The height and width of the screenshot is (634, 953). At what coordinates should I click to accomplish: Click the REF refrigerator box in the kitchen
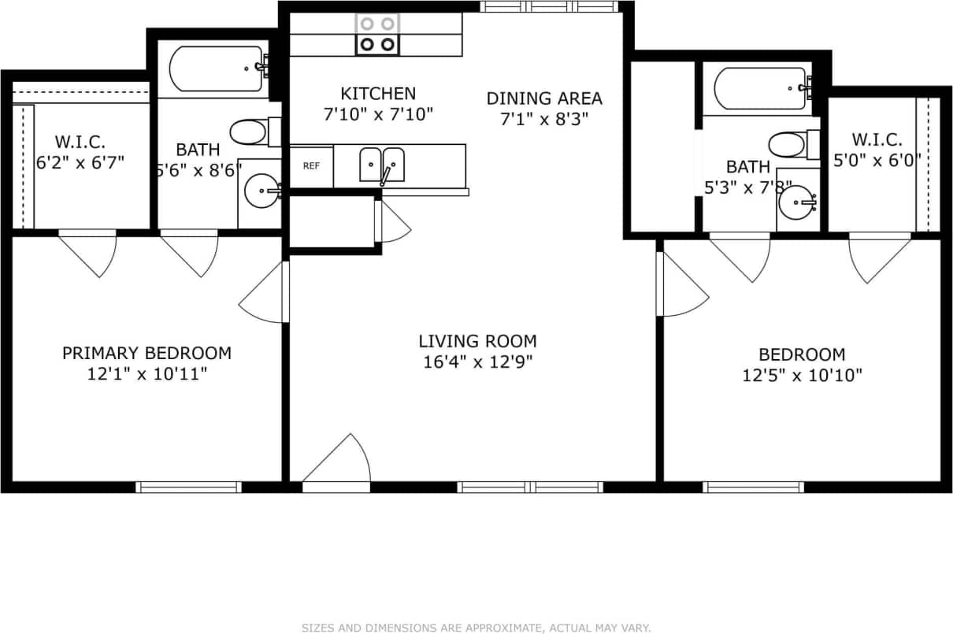point(312,166)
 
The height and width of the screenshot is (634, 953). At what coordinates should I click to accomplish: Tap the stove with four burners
point(377,35)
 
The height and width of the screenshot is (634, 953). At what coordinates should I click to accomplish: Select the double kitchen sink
point(382,165)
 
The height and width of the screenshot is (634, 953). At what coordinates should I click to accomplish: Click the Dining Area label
point(544,98)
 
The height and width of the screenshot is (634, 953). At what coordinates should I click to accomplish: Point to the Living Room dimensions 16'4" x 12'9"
point(477,362)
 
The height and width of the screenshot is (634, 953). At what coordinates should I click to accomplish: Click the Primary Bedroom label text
point(146,353)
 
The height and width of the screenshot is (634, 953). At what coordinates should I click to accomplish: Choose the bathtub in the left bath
point(216,69)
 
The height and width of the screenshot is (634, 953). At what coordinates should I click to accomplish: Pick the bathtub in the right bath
point(760,87)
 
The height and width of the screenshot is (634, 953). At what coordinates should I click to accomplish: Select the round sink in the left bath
point(261,190)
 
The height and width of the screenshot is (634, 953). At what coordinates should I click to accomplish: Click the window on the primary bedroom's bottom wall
point(189,487)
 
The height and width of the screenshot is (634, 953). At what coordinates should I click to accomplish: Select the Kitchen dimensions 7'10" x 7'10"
point(378,114)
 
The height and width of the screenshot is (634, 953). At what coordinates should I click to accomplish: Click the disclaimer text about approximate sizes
point(476,628)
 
